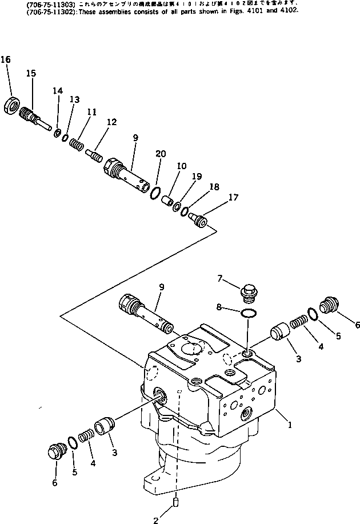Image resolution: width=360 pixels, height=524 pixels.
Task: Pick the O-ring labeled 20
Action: (x=154, y=194)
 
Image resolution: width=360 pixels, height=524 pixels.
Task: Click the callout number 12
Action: (x=111, y=122)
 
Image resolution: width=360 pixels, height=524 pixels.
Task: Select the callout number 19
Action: (x=197, y=177)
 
